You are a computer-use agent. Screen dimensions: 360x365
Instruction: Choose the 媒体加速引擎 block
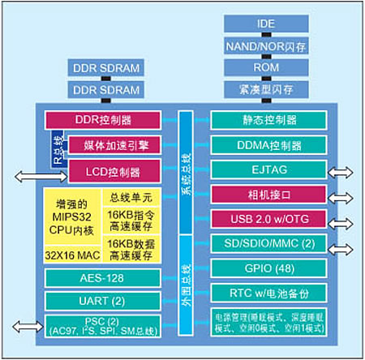pyautogui.click(x=112, y=144)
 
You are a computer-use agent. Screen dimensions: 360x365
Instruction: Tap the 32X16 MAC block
pyautogui.click(x=70, y=254)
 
